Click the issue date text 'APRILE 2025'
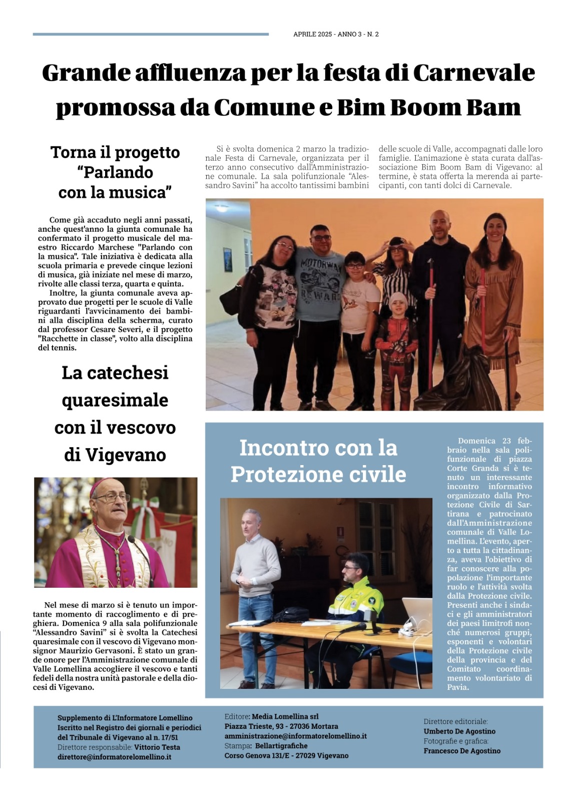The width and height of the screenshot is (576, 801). [312, 35]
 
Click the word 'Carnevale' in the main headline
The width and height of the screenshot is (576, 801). [473, 73]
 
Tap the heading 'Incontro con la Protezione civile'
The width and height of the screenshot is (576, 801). [318, 461]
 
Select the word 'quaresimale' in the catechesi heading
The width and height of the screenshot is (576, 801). [115, 400]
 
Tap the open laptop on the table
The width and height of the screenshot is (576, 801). [416, 614]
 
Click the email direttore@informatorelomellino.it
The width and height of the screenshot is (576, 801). [114, 757]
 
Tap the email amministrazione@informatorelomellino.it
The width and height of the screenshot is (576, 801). [295, 736]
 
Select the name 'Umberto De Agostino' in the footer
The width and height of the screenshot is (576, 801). [459, 731]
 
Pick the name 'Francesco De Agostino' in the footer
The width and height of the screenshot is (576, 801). [462, 751]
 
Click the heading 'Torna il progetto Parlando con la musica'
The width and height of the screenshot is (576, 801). [115, 172]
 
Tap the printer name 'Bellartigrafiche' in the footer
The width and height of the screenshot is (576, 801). [281, 746]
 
